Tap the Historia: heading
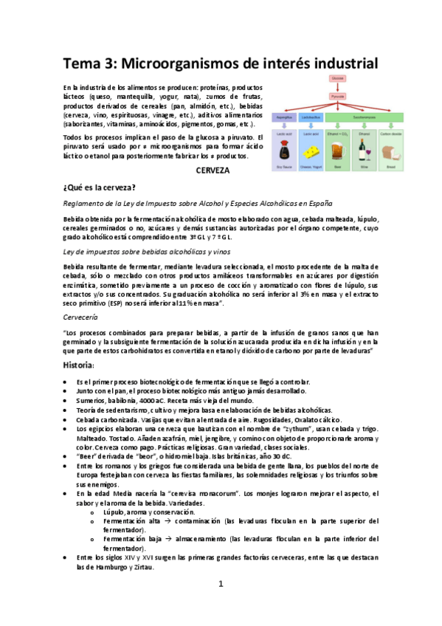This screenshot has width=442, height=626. click(82, 365)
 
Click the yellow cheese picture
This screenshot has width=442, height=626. click(312, 151)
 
